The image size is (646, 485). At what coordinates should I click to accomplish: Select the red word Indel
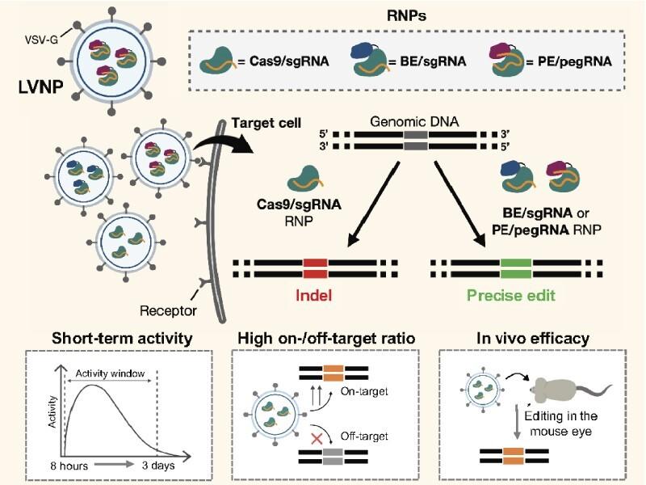(316, 296)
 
